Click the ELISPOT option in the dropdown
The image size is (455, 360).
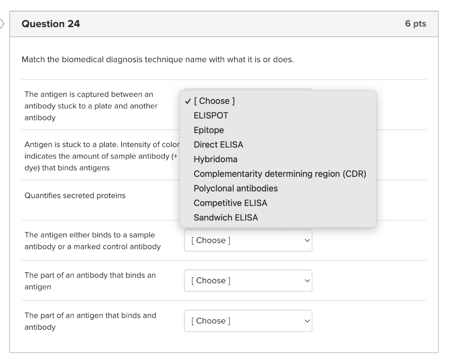[211, 116]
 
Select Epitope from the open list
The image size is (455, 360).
[208, 130]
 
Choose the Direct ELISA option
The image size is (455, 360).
[218, 144]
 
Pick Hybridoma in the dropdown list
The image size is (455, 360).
[215, 159]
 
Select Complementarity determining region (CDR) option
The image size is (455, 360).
[279, 174]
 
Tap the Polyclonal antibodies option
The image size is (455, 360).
[235, 188]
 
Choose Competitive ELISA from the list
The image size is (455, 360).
[230, 203]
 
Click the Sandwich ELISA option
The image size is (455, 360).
[225, 218]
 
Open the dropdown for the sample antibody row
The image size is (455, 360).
[248, 240]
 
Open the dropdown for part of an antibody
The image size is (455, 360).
[248, 281]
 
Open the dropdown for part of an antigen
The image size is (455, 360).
[248, 321]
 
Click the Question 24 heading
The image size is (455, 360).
[51, 24]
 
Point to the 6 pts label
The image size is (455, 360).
[415, 24]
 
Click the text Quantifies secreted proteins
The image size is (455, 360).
[75, 196]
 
